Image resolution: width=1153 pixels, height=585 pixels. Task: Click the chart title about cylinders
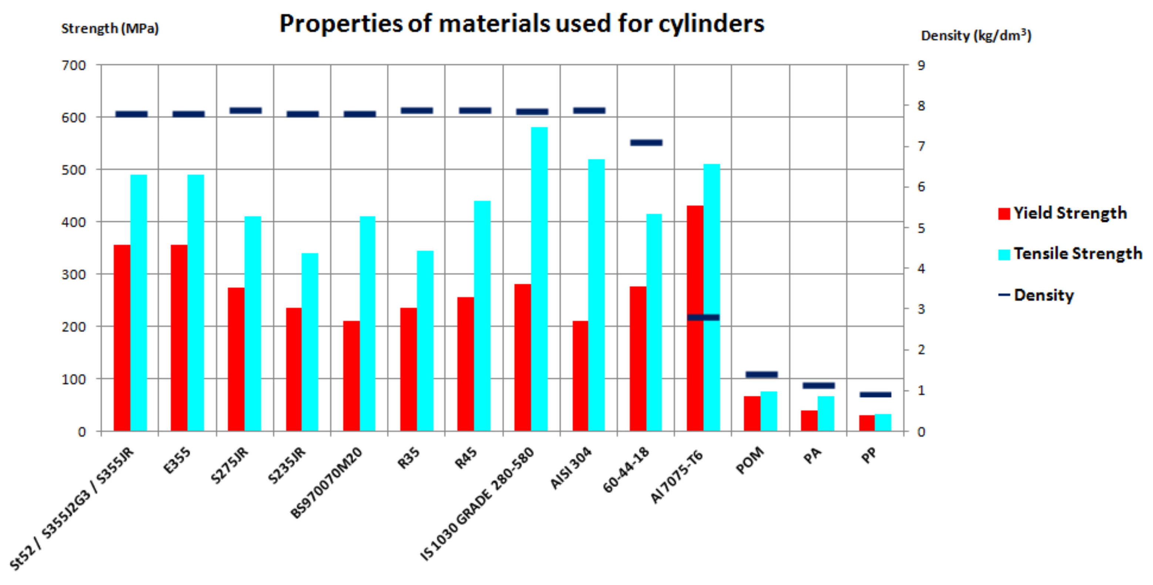pyautogui.click(x=522, y=23)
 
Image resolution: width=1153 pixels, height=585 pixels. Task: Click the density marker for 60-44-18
pyautogui.click(x=646, y=143)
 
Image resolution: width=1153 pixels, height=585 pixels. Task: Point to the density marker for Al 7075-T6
pyautogui.click(x=703, y=317)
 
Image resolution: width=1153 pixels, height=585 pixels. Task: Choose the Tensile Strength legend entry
pyautogui.click(x=1070, y=254)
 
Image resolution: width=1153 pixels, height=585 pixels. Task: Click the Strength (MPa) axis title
pyautogui.click(x=110, y=29)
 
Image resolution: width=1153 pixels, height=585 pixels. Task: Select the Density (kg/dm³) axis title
pyautogui.click(x=976, y=36)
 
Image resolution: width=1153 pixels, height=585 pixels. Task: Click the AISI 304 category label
pyautogui.click(x=571, y=468)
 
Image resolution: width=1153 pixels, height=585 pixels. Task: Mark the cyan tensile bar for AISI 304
pyautogui.click(x=596, y=295)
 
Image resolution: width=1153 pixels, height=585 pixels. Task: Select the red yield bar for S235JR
pyautogui.click(x=294, y=369)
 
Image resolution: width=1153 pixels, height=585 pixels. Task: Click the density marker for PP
pyautogui.click(x=875, y=394)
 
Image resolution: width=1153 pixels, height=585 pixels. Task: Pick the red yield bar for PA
pyautogui.click(x=809, y=420)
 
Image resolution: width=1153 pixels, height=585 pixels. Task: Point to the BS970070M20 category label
pyautogui.click(x=327, y=484)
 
